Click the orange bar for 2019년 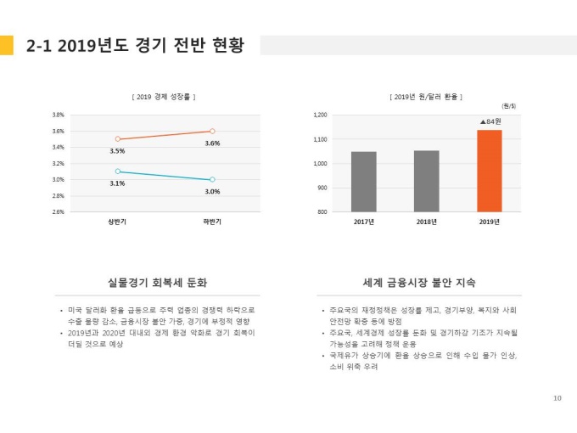[489, 171]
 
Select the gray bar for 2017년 [363, 182]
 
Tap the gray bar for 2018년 [426, 181]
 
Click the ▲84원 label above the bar [490, 121]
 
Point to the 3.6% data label [212, 143]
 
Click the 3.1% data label [117, 183]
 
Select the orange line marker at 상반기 [117, 138]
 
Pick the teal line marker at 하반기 [212, 179]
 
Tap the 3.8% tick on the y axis [59, 115]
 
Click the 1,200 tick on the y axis [321, 115]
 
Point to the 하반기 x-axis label [212, 222]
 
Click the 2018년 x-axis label [426, 222]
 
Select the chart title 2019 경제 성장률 [165, 97]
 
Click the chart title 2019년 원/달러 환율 [426, 97]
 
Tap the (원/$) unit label [509, 105]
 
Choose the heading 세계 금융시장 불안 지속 [419, 282]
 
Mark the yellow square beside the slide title [7, 45]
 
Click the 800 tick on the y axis [322, 212]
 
